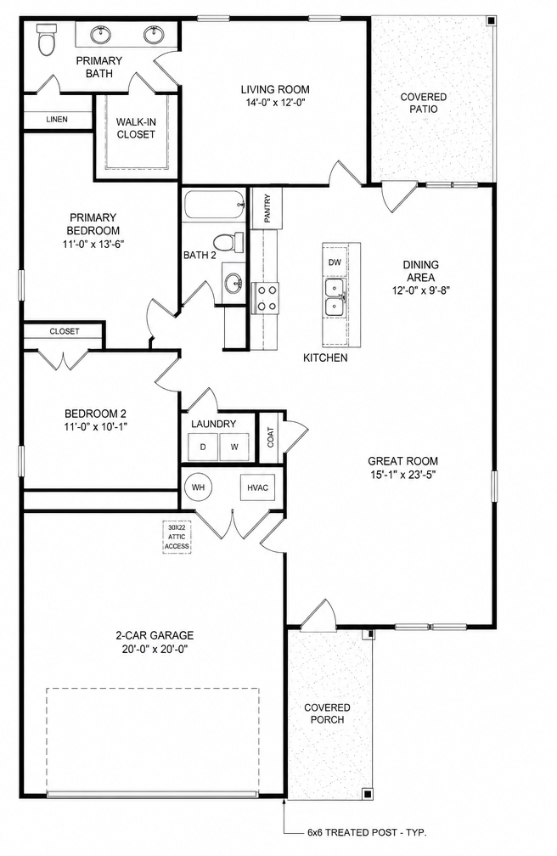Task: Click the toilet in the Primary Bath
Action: (47, 40)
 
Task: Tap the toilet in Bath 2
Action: (228, 241)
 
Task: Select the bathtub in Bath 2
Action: (213, 206)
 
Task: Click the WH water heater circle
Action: (198, 487)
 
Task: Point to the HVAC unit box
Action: (258, 487)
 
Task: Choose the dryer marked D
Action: (203, 447)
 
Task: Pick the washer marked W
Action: (234, 447)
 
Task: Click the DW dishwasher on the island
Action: (335, 262)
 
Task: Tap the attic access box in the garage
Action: (177, 538)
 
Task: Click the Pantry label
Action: (267, 208)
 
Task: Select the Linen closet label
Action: (57, 119)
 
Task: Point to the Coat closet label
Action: (271, 436)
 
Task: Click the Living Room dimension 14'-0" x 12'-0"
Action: (275, 102)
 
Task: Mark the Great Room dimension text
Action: (402, 475)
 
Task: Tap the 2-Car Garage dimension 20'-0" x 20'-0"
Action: (155, 649)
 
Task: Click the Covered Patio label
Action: (423, 103)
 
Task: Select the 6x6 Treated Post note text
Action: (367, 833)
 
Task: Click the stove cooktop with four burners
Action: (265, 298)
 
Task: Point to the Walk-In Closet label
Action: (136, 128)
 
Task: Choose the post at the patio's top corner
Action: (491, 20)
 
